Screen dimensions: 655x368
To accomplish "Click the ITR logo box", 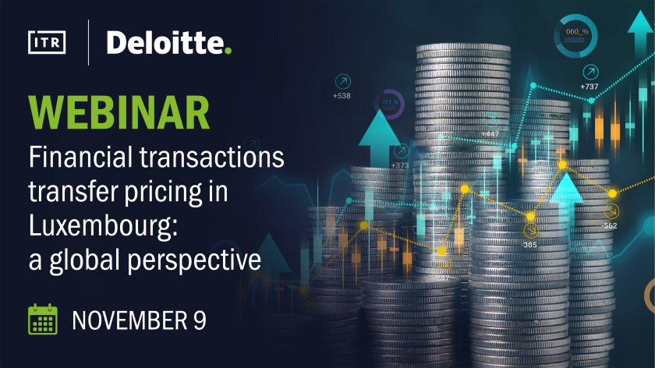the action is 47,42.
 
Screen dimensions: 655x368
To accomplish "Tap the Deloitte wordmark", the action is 166,43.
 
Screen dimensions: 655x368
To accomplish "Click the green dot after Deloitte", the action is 228,51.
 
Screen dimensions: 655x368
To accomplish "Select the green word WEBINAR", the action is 119,113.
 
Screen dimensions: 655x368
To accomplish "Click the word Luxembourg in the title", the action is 103,225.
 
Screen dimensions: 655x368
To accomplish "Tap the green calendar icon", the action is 43,319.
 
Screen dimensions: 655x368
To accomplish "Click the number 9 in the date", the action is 200,320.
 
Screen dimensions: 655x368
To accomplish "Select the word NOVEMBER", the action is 130,320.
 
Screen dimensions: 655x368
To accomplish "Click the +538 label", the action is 342,96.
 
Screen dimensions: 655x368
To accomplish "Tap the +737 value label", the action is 589,87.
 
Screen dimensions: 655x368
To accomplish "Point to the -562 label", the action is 609,226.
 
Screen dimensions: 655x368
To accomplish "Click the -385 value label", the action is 529,245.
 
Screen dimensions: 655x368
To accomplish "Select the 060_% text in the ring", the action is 577,32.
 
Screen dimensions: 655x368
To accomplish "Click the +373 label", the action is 400,165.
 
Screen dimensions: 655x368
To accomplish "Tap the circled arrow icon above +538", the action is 343,81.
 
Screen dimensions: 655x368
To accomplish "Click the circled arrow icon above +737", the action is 591,73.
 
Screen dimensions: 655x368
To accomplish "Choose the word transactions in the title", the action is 212,157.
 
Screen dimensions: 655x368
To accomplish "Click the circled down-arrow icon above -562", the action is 611,211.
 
